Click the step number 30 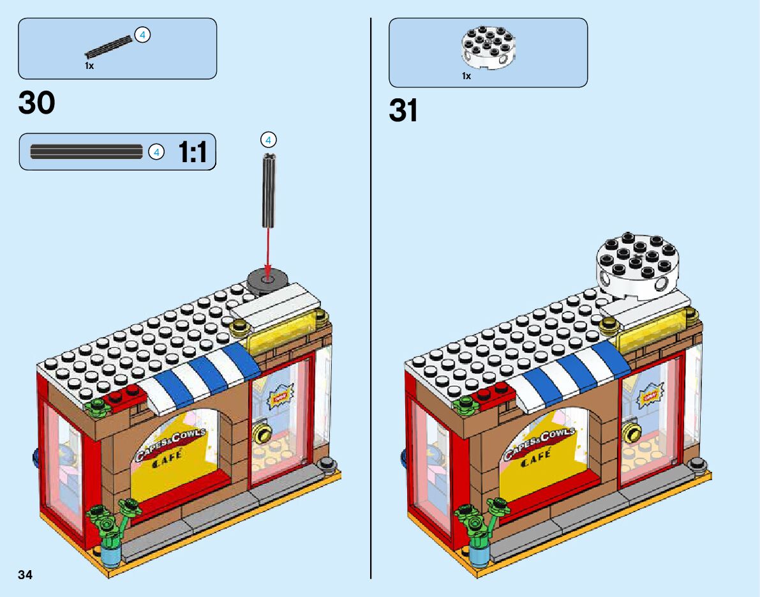[x=37, y=103]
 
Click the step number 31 [x=403, y=111]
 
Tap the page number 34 [x=26, y=575]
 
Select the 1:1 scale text [x=192, y=153]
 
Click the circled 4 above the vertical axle [x=268, y=139]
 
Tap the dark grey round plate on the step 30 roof [x=267, y=280]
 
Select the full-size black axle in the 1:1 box [x=86, y=152]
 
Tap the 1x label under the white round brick [x=466, y=76]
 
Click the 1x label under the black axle [x=89, y=66]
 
